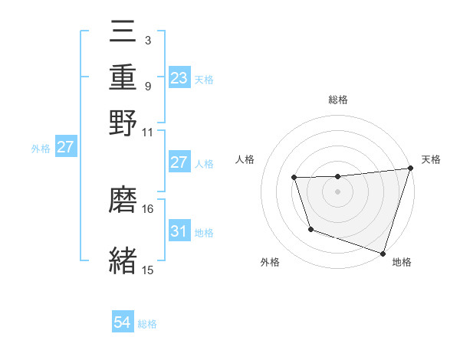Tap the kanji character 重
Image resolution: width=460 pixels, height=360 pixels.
click(x=123, y=77)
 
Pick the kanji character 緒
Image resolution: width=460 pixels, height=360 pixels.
click(x=123, y=260)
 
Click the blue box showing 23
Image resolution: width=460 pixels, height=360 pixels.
click(x=179, y=77)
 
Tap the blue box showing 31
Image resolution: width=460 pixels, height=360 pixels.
click(x=179, y=231)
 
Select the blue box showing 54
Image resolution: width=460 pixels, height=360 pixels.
click(x=123, y=322)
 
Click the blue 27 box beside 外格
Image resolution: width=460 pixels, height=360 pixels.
click(x=65, y=147)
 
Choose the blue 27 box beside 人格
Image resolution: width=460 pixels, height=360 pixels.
click(x=179, y=162)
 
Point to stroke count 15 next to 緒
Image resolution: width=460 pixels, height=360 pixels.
click(x=148, y=270)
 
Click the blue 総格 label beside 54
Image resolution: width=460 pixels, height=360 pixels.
click(x=148, y=324)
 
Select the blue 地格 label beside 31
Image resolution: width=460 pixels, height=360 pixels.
click(x=205, y=232)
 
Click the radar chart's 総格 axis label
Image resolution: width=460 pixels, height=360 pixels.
click(x=337, y=100)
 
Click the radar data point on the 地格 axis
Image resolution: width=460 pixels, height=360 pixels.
click(x=383, y=254)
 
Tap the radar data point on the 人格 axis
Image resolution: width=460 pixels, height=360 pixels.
click(x=294, y=178)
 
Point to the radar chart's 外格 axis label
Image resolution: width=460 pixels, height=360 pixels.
click(x=270, y=263)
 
